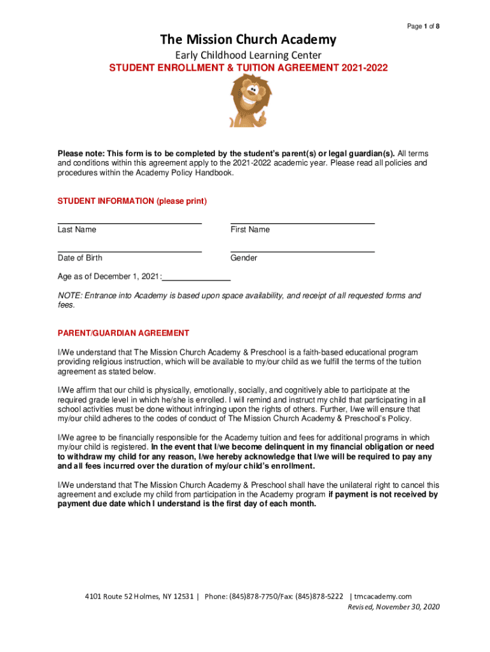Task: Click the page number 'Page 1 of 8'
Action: pyautogui.click(x=423, y=26)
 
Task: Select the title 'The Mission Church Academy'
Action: pyautogui.click(x=248, y=40)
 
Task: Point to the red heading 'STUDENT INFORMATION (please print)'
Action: pyautogui.click(x=132, y=201)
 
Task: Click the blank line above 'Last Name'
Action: pyautogui.click(x=130, y=222)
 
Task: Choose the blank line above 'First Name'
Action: pyautogui.click(x=302, y=222)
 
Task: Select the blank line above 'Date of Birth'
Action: pyautogui.click(x=130, y=251)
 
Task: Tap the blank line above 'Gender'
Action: pyautogui.click(x=302, y=251)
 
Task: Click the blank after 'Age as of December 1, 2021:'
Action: pyautogui.click(x=197, y=280)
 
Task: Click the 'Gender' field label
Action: pyautogui.click(x=244, y=258)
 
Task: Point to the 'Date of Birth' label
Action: pyautogui.click(x=80, y=258)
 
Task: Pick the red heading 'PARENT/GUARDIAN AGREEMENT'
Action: pyautogui.click(x=123, y=333)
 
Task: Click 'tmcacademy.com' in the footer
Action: pyautogui.click(x=383, y=597)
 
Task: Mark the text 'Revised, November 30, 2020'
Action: pyautogui.click(x=393, y=607)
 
